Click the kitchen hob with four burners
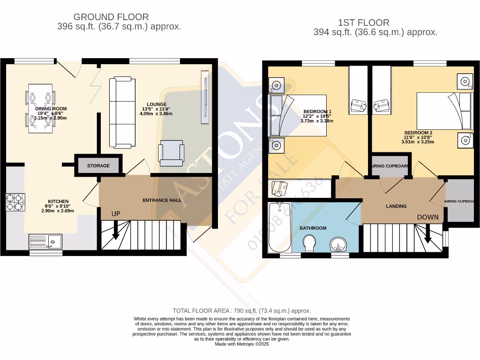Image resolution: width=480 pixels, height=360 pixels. [x=15, y=202]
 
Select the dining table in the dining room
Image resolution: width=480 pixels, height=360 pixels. [x=40, y=108]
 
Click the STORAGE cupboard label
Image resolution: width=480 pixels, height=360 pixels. [x=98, y=165]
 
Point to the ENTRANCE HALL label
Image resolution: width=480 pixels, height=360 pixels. [x=162, y=200]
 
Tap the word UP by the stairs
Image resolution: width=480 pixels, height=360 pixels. [x=116, y=214]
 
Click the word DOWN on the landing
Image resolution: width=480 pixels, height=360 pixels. [x=428, y=217]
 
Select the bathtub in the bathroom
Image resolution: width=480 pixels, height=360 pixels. [x=279, y=227]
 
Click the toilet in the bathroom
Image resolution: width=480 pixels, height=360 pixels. [x=308, y=243]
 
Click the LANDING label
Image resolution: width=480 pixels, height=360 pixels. [x=396, y=206]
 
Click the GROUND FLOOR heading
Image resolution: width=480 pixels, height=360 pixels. [x=111, y=17]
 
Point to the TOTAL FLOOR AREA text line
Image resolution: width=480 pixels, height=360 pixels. [x=241, y=311]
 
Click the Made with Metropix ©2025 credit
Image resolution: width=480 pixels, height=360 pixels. [x=241, y=344]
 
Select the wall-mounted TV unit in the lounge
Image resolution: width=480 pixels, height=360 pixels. [x=205, y=97]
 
